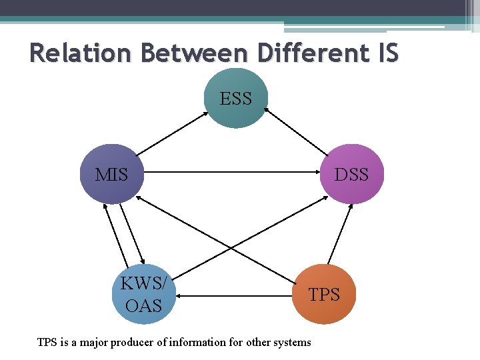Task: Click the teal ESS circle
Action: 236,99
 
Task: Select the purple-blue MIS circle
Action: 112,175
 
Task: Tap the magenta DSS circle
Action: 351,175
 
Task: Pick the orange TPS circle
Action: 325,294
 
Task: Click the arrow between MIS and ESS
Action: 172,133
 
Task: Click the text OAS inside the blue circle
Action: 144,305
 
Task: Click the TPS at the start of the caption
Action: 47,343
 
